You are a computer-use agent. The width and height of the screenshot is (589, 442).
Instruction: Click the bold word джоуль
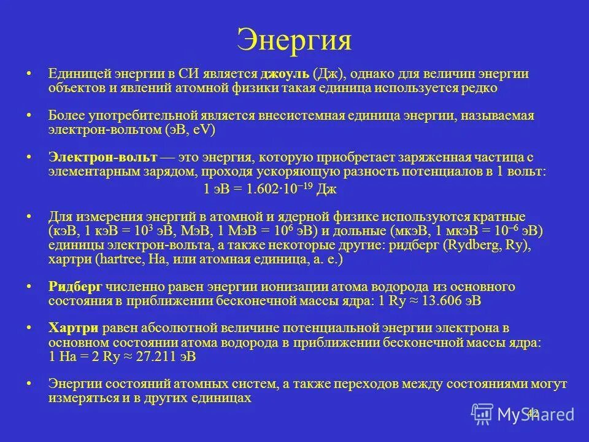click(x=285, y=74)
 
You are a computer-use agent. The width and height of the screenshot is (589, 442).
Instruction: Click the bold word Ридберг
click(x=75, y=287)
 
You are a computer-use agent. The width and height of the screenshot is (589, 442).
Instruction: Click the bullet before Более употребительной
click(x=29, y=115)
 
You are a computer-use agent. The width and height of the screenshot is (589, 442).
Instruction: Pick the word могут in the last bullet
click(x=549, y=384)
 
